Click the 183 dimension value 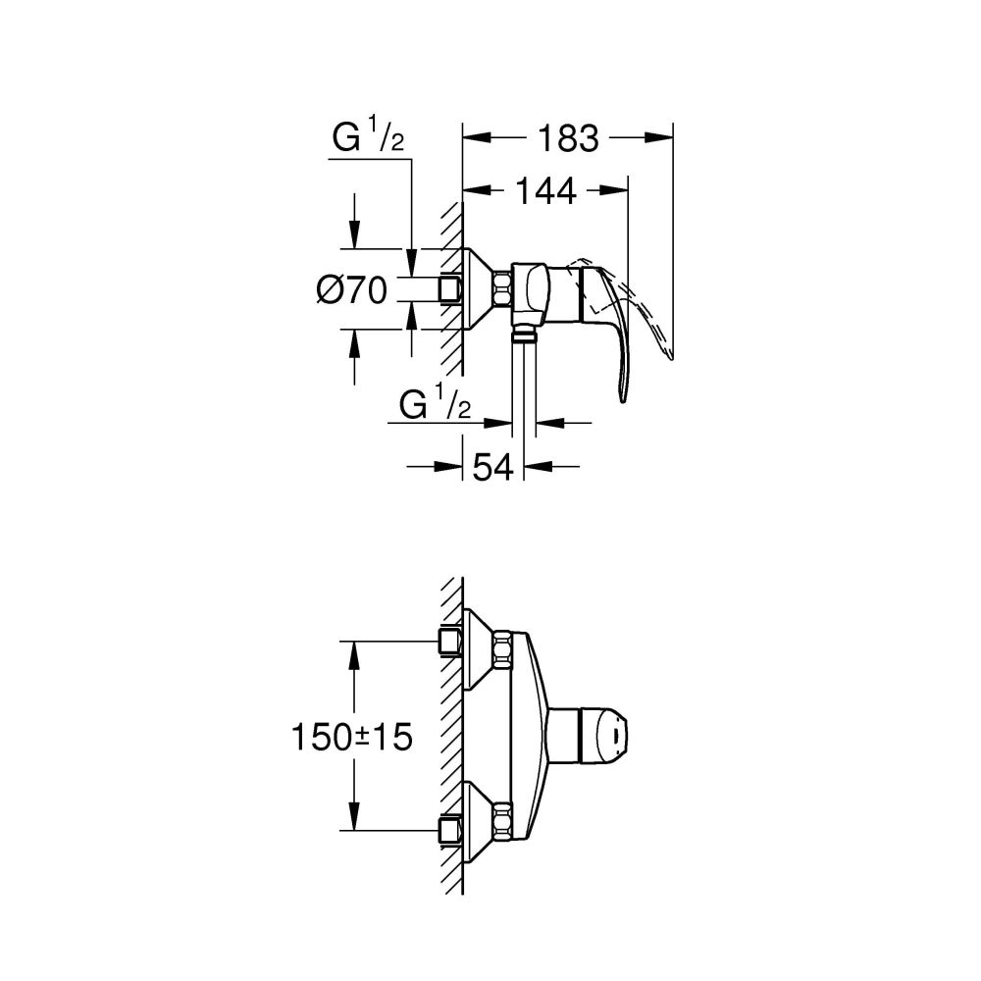click(568, 139)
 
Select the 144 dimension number click(545, 192)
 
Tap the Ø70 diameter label click(353, 289)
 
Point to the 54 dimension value click(494, 467)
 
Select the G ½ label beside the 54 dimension click(437, 404)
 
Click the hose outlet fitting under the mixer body click(525, 336)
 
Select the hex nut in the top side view click(503, 289)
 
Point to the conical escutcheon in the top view click(478, 289)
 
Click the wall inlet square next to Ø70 click(450, 289)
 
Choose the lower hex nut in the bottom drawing click(503, 822)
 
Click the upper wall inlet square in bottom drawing click(450, 643)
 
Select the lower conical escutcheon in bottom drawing click(478, 822)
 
